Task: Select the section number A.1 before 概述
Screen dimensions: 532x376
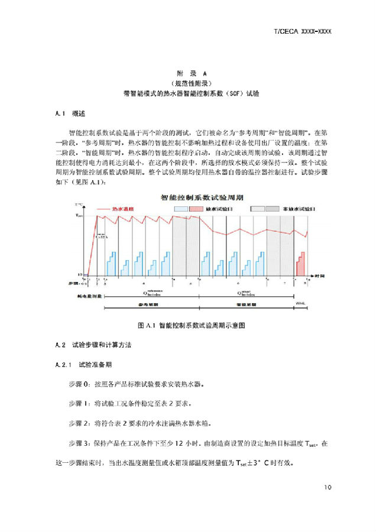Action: tap(60, 112)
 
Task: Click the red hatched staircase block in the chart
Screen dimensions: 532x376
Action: tap(301, 264)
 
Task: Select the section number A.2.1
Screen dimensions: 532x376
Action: tap(63, 364)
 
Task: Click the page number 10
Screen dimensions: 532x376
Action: tap(328, 487)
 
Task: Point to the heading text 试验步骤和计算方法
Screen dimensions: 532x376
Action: tap(104, 345)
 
